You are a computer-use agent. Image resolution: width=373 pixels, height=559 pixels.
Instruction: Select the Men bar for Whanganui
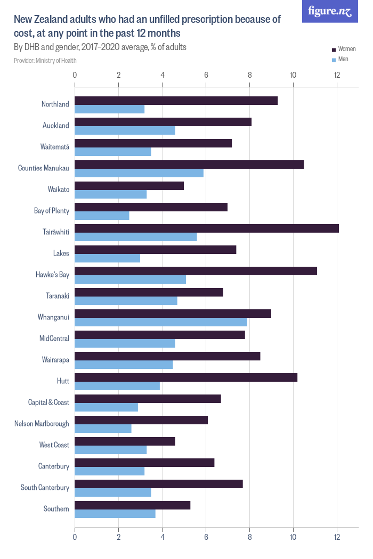coord(161,322)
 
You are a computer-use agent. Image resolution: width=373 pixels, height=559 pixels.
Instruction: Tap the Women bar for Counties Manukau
coord(189,165)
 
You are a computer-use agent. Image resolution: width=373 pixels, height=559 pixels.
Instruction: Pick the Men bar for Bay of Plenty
coord(102,216)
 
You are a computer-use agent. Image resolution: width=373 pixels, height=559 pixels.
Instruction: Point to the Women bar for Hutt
coord(186,377)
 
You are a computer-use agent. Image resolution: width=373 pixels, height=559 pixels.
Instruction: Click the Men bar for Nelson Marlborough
coord(103,429)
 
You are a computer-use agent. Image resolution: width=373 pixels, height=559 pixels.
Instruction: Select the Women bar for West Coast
coord(125,441)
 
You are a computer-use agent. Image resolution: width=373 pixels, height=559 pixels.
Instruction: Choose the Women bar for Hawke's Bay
coord(196,271)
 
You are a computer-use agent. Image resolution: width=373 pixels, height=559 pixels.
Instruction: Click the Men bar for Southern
coord(115,514)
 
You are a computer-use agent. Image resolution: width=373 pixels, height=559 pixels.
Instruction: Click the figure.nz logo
coord(330,11)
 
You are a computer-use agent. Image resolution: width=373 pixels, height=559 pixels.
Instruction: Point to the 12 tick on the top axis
coord(337,75)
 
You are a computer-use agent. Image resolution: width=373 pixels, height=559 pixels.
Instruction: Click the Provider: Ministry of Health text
coord(45,61)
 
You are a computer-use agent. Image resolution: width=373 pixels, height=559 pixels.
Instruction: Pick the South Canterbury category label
coord(45,488)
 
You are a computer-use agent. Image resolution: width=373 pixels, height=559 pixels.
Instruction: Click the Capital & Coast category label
coord(48,402)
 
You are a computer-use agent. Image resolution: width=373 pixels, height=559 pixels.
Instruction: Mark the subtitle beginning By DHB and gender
coord(100,47)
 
